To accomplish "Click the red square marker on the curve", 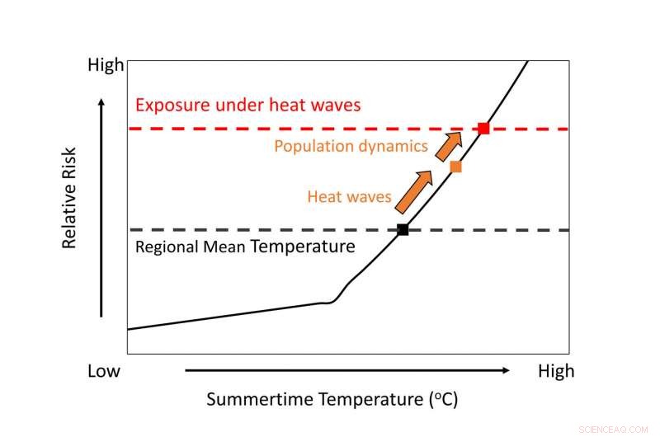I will click(483, 129).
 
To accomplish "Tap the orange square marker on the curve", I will click(455, 167).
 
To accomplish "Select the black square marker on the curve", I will click(403, 230).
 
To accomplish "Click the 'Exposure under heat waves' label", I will click(248, 106).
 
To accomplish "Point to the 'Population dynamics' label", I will click(351, 147).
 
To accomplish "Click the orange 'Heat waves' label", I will click(349, 196).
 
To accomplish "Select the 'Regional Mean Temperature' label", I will click(244, 247).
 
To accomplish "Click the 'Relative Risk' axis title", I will click(69, 198).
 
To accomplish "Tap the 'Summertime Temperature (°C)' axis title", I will click(332, 401).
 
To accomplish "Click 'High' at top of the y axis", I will click(106, 64).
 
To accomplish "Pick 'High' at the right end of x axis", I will click(555, 371).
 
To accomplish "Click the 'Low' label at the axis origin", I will click(104, 371).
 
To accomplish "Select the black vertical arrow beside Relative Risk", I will click(101, 206).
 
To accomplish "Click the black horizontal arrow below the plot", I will click(346, 371).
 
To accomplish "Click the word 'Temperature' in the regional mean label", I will click(303, 247).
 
